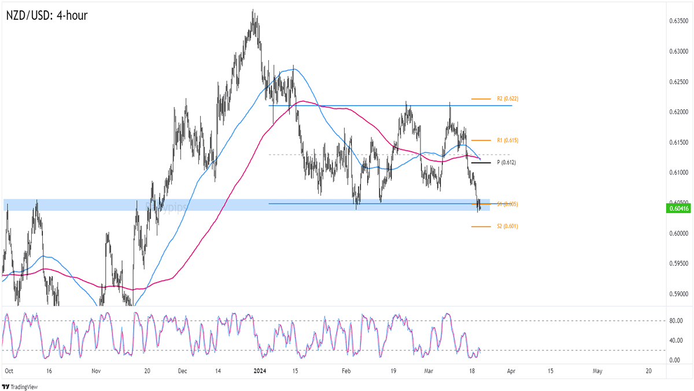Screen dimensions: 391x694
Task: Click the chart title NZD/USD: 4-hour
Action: click(x=46, y=16)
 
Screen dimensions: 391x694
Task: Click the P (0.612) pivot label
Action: click(x=507, y=163)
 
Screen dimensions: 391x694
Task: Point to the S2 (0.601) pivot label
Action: click(x=507, y=226)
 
